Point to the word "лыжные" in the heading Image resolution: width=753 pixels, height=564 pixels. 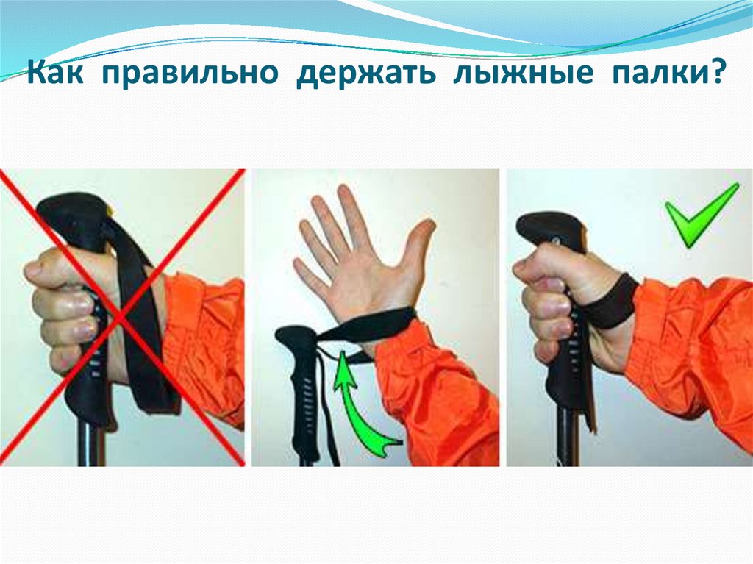[524, 73]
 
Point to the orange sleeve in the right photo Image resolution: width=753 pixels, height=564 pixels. [691, 351]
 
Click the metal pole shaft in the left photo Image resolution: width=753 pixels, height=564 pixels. [91, 444]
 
